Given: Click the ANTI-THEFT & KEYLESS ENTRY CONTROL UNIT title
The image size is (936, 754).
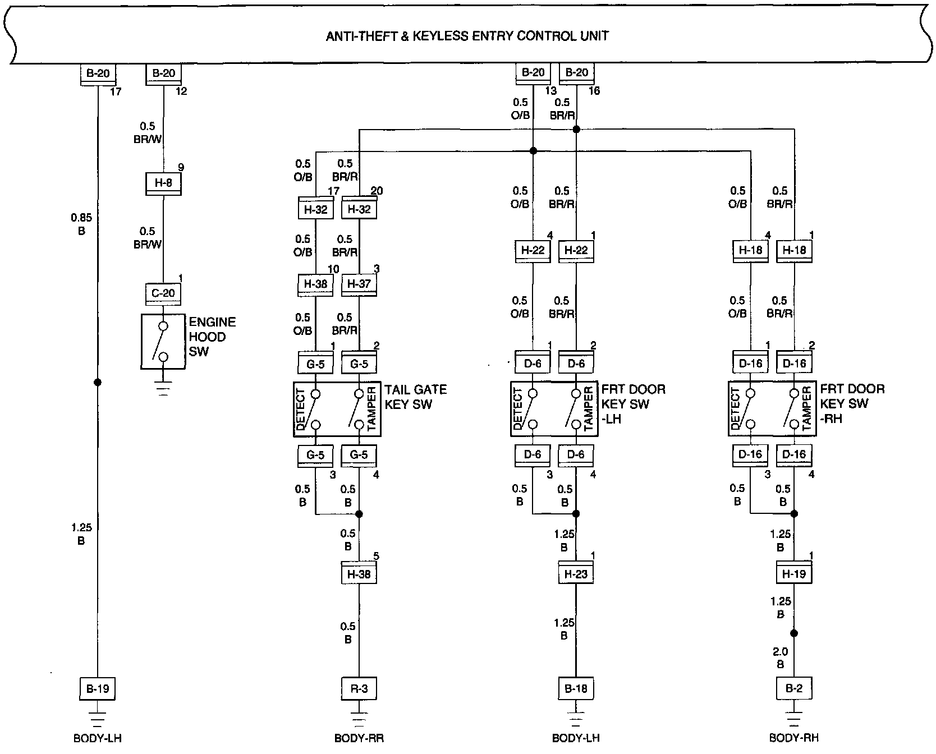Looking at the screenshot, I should coord(467,36).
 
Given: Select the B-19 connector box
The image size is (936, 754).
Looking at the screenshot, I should coord(98,688).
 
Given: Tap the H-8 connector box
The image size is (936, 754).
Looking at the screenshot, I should coord(163,182).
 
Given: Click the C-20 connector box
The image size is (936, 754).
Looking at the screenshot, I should coord(163,293).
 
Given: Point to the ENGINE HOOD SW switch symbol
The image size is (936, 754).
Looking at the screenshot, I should coord(163,341).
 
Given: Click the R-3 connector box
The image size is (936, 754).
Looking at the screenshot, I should coord(359,688).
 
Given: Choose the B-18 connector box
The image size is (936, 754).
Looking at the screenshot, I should coord(576,688).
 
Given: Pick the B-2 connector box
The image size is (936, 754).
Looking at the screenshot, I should coord(794,688).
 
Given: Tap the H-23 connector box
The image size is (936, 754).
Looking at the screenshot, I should coord(576,574).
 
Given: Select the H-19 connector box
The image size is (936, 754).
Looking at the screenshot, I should coord(794,574).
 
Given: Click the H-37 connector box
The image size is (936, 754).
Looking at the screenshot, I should coord(359,284).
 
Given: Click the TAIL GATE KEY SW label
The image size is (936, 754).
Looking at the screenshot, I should coord(415,397).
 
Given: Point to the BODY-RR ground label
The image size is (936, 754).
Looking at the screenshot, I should coord(359,738).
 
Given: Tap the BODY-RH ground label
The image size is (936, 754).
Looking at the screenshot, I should coord(794,738).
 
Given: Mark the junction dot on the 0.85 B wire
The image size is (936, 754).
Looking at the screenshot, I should coord(98,383).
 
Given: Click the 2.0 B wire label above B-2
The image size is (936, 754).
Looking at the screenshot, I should coord(781,658).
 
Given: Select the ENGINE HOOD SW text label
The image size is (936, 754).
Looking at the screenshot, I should coord(212,337).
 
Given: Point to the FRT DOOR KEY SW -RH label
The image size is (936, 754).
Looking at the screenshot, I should coord(852,404).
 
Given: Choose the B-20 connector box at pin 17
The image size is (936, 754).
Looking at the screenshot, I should coord(98,73).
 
